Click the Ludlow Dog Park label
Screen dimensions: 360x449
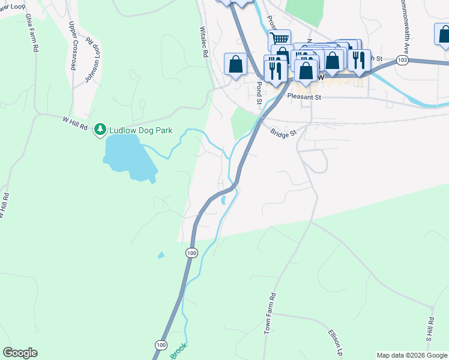140,130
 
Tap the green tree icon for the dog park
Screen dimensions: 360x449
100,130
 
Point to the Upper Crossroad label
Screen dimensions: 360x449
73,46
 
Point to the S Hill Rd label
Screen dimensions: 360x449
430,330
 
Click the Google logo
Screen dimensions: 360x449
20,353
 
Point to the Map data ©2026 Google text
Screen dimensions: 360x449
411,355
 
